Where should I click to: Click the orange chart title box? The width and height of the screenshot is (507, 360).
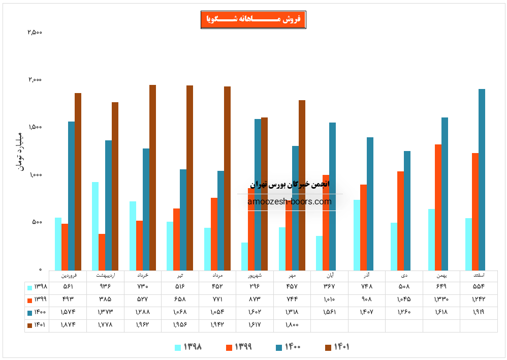(253, 20)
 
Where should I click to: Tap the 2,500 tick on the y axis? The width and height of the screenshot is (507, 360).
(35, 33)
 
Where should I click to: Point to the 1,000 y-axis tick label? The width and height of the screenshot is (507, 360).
(35, 175)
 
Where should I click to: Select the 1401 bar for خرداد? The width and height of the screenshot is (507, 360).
(152, 177)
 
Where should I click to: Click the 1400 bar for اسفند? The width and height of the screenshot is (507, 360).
(482, 179)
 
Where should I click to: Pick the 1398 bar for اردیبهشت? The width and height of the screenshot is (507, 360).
(95, 226)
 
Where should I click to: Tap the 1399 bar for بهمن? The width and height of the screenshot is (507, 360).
(438, 207)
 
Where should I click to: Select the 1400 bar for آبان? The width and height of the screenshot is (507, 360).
(332, 196)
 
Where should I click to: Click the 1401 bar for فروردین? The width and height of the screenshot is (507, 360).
(78, 181)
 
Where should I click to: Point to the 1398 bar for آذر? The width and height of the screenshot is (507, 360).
(357, 234)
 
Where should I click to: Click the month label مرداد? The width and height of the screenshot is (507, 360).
(217, 275)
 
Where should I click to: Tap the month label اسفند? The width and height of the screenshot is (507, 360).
(479, 275)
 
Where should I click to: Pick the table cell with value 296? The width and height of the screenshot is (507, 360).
(255, 287)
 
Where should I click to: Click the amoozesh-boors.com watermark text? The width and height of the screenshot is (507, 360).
(289, 201)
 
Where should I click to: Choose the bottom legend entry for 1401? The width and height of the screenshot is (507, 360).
(337, 347)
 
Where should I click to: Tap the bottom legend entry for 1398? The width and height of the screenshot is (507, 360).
(188, 347)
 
